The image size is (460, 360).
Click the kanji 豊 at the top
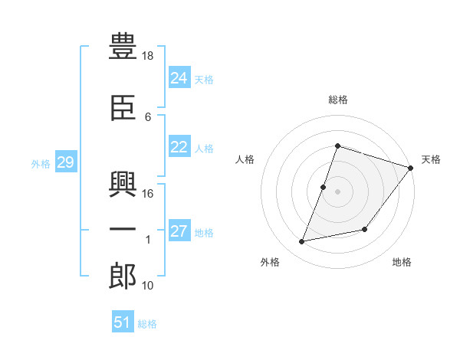coord(123,46)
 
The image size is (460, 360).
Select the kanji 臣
coord(123,108)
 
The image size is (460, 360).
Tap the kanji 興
coord(123,184)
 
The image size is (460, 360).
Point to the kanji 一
coord(123,229)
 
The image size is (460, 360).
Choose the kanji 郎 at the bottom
coord(123,277)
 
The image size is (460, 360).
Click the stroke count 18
coord(147,56)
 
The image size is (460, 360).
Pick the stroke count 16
coord(147,194)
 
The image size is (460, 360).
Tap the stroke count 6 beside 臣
coord(148,117)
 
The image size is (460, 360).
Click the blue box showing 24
coord(179,77)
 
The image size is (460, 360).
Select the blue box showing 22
coord(179,146)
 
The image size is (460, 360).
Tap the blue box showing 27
coord(179,230)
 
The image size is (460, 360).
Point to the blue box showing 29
coord(66,162)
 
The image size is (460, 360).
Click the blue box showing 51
coord(123,321)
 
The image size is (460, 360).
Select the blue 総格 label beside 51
coord(147,324)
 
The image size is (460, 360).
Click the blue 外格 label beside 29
coord(41,164)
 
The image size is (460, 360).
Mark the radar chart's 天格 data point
coord(410,168)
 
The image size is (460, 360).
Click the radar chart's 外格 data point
coord(301,241)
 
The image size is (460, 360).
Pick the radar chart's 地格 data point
coord(364,229)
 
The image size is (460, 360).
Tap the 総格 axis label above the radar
coord(338,100)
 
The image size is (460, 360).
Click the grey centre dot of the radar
coord(337,191)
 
